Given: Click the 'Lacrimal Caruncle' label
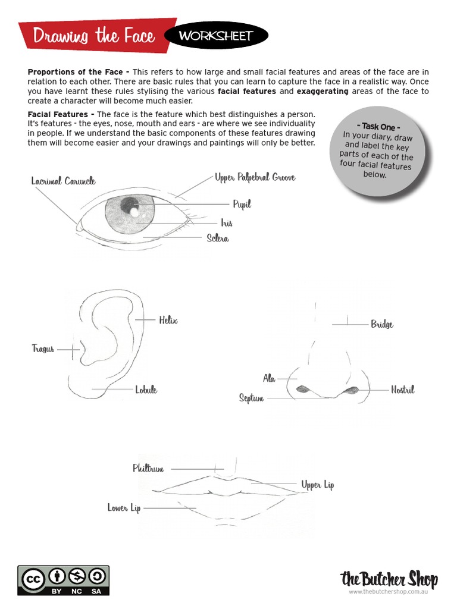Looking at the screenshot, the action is tap(63, 181).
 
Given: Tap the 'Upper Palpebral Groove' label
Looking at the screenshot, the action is tap(255, 177).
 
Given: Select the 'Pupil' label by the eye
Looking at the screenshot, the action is tap(242, 204).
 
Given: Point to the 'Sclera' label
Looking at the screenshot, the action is tap(218, 238).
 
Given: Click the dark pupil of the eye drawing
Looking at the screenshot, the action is tap(128, 206).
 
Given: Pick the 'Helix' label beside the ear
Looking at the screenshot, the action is tap(168, 320).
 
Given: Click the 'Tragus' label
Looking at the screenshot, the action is tap(43, 349).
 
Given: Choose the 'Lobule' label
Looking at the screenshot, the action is tap(146, 390).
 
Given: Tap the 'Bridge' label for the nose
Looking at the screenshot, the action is tap(382, 324).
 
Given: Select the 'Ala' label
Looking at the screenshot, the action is tap(269, 378).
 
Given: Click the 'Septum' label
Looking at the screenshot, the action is tap(251, 398).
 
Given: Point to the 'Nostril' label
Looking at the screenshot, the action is tap(402, 390).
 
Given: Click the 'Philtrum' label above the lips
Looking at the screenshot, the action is tap(148, 469).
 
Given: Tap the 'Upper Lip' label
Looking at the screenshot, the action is tap(317, 485).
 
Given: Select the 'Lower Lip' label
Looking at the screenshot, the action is tap(124, 508).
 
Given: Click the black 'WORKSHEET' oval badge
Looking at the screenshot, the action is tap(215, 36).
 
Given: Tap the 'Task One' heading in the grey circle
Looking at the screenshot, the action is tap(378, 127).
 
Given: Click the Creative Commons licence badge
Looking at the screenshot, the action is tap(63, 579).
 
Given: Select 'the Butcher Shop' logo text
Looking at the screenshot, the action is tap(389, 579).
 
